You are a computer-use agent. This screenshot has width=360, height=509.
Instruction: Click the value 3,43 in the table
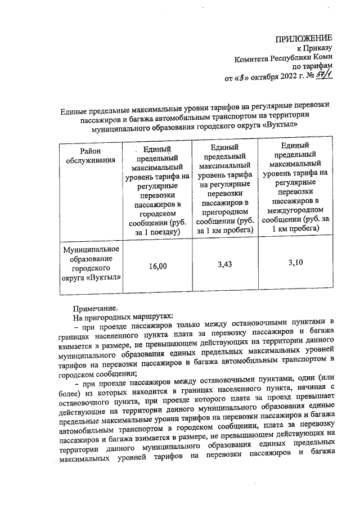pos(225,263)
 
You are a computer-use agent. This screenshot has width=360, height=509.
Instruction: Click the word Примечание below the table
pos(96,308)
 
